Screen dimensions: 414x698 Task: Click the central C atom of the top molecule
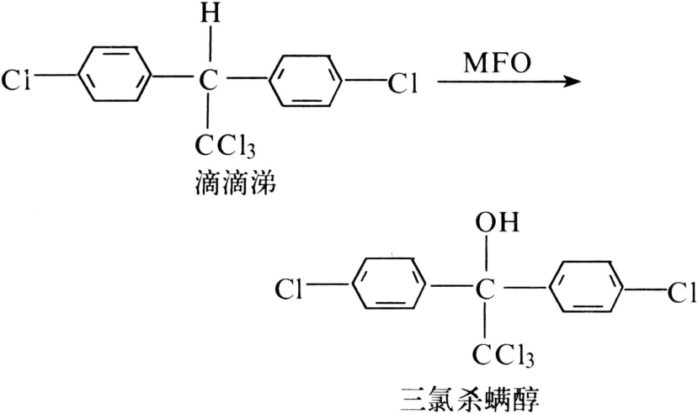point(207,82)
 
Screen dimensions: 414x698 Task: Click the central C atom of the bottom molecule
point(484,291)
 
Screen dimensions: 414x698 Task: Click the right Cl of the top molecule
point(402,82)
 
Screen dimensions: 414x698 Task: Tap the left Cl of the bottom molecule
point(290,291)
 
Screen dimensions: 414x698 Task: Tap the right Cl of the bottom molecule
point(680,292)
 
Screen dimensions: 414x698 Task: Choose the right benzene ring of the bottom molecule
point(584,290)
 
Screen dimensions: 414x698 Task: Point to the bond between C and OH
point(484,257)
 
